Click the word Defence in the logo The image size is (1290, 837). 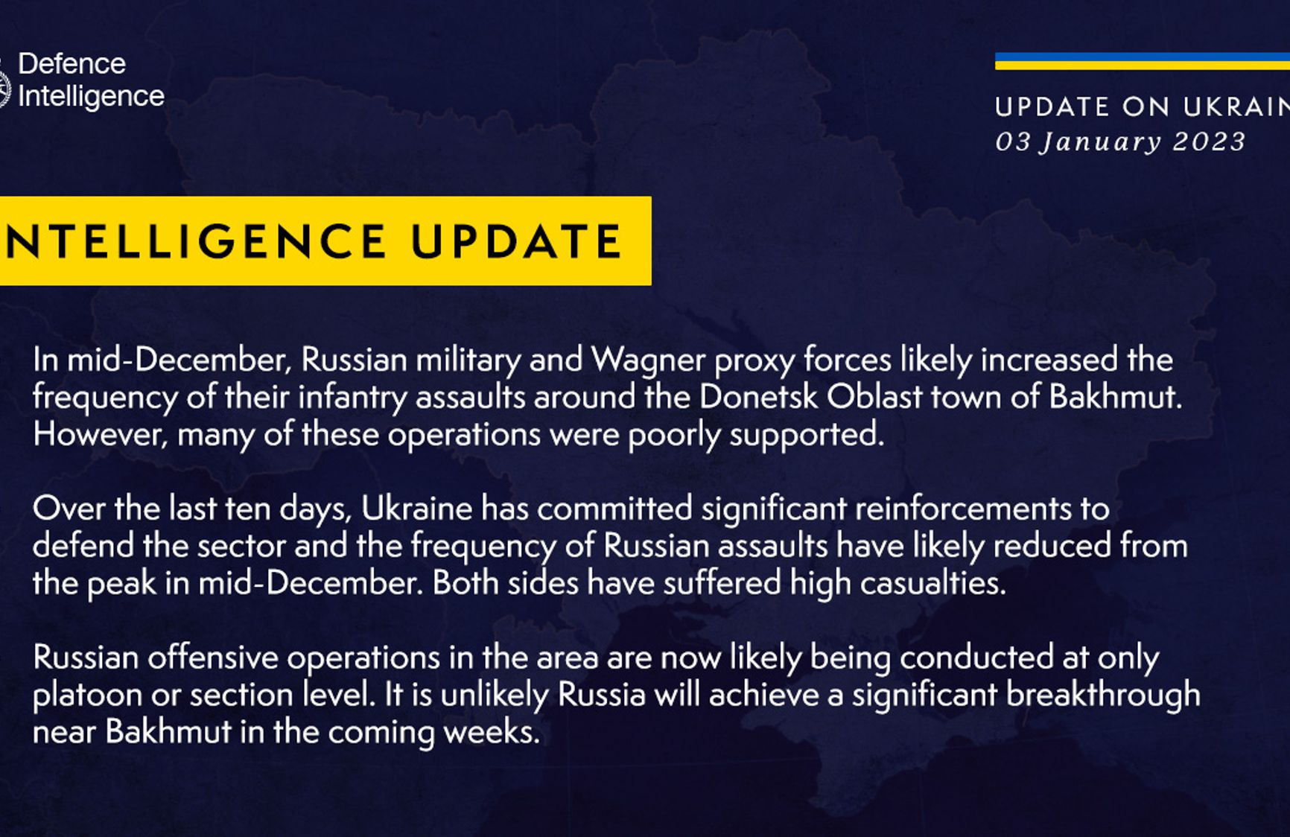(72, 64)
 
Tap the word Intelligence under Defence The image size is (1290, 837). (91, 97)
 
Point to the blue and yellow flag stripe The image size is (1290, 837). (1143, 61)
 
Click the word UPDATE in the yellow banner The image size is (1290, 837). (516, 241)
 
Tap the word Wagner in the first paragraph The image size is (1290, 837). (648, 361)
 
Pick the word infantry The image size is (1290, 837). (352, 398)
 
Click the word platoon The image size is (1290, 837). (87, 696)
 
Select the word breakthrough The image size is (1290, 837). (1103, 696)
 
